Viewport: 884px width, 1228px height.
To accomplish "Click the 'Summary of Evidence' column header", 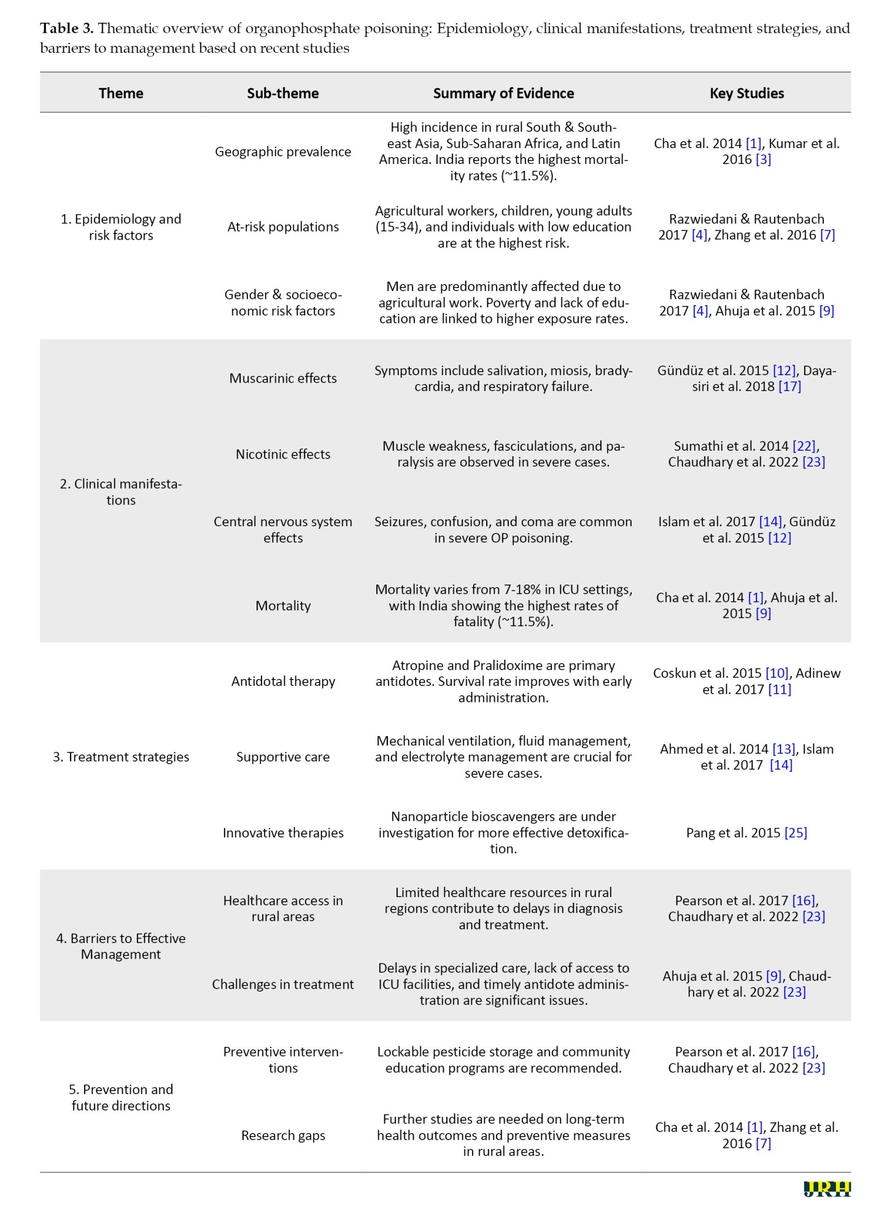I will [x=503, y=93].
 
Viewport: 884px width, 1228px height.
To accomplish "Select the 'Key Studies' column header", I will [x=746, y=93].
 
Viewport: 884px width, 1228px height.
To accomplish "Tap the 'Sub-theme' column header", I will [x=283, y=93].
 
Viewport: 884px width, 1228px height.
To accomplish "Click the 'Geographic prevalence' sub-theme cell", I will [x=283, y=152].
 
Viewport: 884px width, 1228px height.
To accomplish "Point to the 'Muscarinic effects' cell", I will [x=283, y=378].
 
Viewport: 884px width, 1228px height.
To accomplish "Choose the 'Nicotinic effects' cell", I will [x=283, y=454].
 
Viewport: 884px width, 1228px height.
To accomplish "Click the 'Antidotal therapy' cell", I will [x=283, y=681].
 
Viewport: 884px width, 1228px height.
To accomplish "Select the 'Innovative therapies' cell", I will [x=283, y=833].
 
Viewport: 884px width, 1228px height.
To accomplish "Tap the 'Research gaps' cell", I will [x=283, y=1135].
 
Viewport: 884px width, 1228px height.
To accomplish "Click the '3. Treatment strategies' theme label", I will [x=121, y=756].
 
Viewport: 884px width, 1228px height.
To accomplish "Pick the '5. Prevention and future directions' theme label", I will [x=121, y=1097].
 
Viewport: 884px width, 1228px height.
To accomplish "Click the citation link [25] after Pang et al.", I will [x=796, y=833].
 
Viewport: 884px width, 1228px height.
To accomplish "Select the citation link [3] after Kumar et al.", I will [x=763, y=160].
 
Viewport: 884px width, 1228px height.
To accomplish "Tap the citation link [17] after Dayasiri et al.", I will [x=789, y=386].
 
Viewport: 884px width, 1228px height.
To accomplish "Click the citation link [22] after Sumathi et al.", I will [x=804, y=446].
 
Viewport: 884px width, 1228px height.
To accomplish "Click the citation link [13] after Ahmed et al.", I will [x=784, y=749].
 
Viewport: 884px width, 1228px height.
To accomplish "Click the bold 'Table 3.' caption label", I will [x=67, y=28].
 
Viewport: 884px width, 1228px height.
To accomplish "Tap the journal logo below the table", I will [x=827, y=1189].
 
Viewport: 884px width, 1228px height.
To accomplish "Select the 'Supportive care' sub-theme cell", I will [x=283, y=757].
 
